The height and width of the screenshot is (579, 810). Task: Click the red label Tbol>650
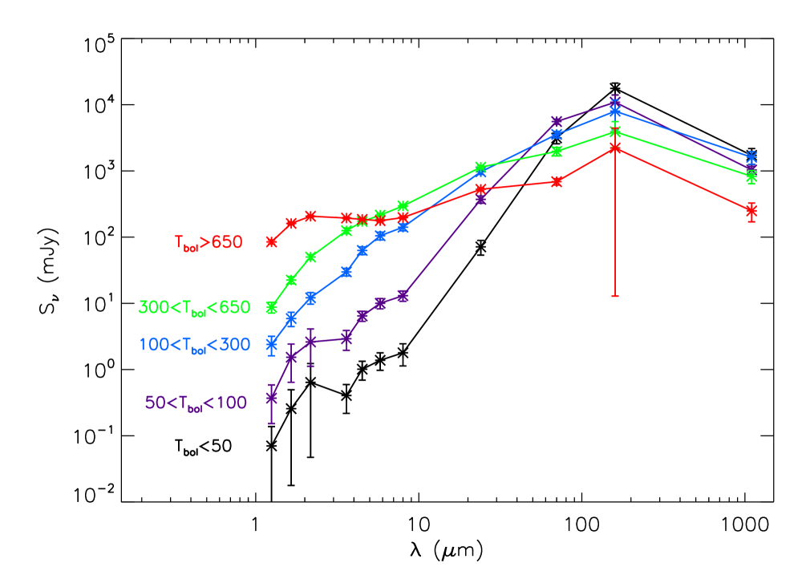(x=209, y=242)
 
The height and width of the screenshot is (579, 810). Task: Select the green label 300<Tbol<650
(x=194, y=308)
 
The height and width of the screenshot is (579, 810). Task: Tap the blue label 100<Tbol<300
(x=195, y=345)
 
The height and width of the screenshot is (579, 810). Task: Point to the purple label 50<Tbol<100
(x=196, y=403)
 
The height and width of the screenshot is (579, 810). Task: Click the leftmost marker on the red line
(x=272, y=241)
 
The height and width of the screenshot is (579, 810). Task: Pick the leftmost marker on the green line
(x=272, y=307)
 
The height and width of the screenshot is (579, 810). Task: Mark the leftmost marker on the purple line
(x=272, y=397)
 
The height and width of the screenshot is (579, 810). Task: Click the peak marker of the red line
(x=615, y=148)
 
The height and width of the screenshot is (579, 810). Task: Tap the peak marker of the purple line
(x=615, y=102)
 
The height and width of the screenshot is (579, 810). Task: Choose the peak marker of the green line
(x=615, y=131)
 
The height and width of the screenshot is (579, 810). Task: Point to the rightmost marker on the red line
(x=751, y=210)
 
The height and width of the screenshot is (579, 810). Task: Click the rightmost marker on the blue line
(x=751, y=157)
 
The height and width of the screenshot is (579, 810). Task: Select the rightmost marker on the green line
(x=751, y=176)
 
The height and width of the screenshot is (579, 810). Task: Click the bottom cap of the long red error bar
(x=615, y=297)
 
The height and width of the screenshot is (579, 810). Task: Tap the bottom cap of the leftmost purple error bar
(x=272, y=423)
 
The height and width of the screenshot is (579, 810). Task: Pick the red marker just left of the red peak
(x=557, y=181)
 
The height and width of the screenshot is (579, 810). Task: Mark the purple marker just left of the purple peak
(x=557, y=122)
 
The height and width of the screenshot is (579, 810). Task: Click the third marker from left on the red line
(x=310, y=217)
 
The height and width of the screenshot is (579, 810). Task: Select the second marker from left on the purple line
(x=291, y=358)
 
